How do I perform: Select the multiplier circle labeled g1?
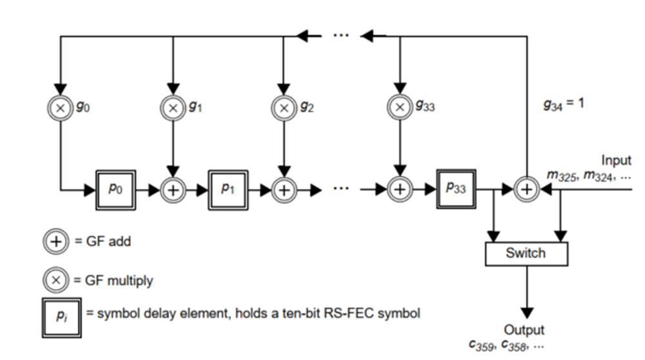pos(172,107)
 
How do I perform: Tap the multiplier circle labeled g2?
pos(283,107)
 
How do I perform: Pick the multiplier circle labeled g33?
pos(400,107)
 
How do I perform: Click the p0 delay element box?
pos(117,190)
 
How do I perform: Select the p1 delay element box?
pos(228,190)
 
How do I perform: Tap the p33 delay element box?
pos(455,190)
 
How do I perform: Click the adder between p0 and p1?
pos(172,190)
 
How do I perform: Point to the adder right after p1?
pos(283,190)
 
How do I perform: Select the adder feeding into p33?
pos(400,190)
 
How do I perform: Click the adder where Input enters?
pos(527,190)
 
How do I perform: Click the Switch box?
pos(526,254)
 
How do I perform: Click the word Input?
pos(616,160)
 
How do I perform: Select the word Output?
pos(524,330)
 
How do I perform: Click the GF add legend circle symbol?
pos(57,242)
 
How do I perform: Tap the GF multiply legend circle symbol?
pos(57,281)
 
